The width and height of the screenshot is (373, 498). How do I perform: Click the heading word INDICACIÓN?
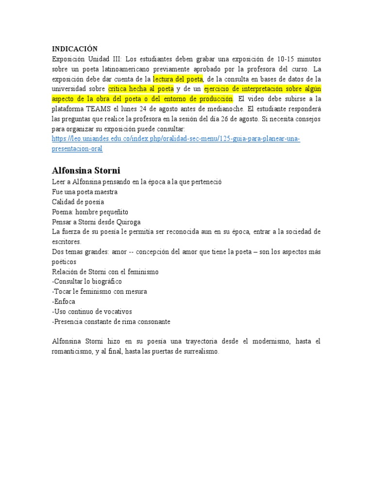click(x=75, y=49)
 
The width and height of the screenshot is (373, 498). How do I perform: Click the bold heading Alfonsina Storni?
click(x=86, y=171)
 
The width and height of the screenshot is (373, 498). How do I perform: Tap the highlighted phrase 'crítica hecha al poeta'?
click(x=141, y=89)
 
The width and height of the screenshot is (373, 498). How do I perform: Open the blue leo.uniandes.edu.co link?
click(x=176, y=139)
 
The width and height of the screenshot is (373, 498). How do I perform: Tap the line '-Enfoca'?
click(x=64, y=302)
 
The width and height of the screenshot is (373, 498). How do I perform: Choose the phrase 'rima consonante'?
click(x=146, y=321)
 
